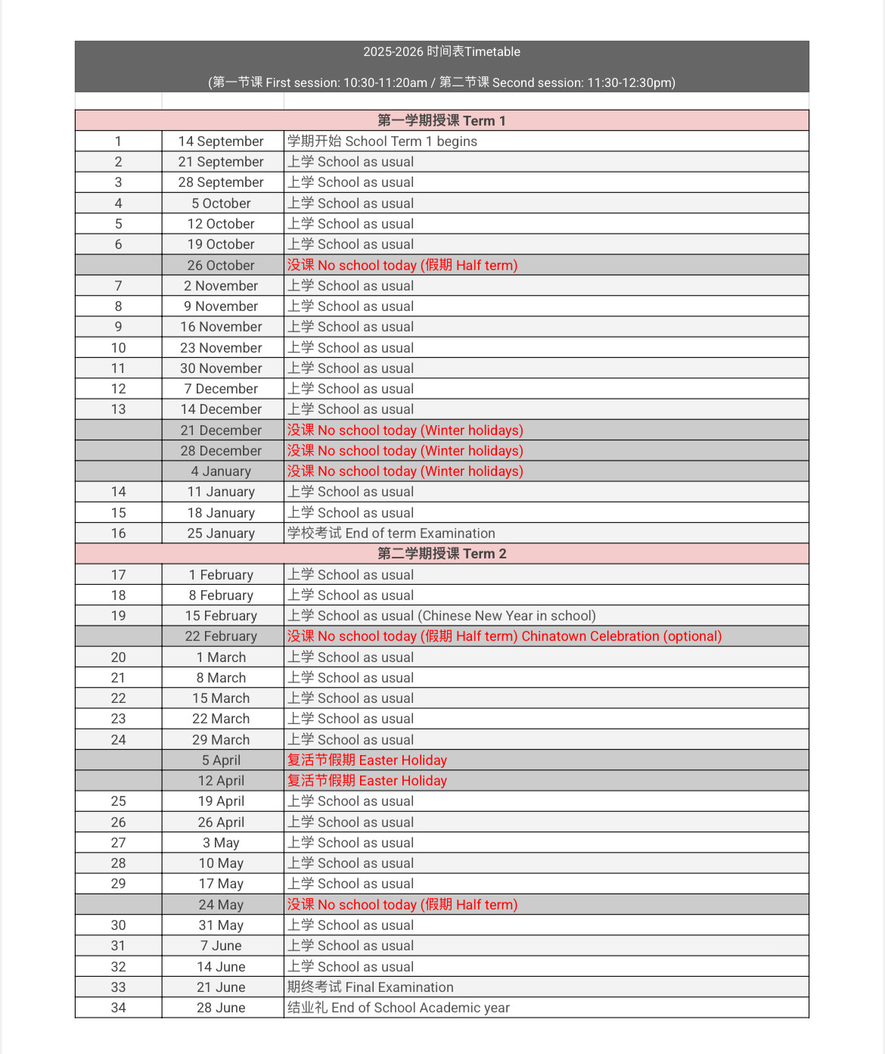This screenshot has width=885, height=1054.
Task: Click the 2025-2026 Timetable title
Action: pyautogui.click(x=442, y=51)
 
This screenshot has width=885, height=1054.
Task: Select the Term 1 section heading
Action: pyautogui.click(x=442, y=120)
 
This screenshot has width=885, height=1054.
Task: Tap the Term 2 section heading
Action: pyautogui.click(x=442, y=553)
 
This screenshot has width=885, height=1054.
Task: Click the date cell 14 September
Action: pyautogui.click(x=221, y=141)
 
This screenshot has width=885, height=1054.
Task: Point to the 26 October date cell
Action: pyautogui.click(x=221, y=266)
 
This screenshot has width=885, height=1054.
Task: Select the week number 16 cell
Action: pyautogui.click(x=118, y=533)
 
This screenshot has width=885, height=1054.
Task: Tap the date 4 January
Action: pyautogui.click(x=221, y=471)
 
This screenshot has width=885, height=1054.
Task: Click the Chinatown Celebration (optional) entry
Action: pyautogui.click(x=621, y=636)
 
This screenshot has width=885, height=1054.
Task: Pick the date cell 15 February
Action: pyautogui.click(x=221, y=616)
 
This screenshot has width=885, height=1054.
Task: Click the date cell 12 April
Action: pyautogui.click(x=221, y=781)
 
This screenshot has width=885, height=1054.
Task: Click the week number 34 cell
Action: pyautogui.click(x=118, y=1008)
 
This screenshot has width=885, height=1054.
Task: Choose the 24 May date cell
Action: pyautogui.click(x=221, y=905)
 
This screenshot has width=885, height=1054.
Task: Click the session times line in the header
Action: pyautogui.click(x=442, y=82)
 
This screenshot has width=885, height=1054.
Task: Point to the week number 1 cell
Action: pyautogui.click(x=118, y=141)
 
